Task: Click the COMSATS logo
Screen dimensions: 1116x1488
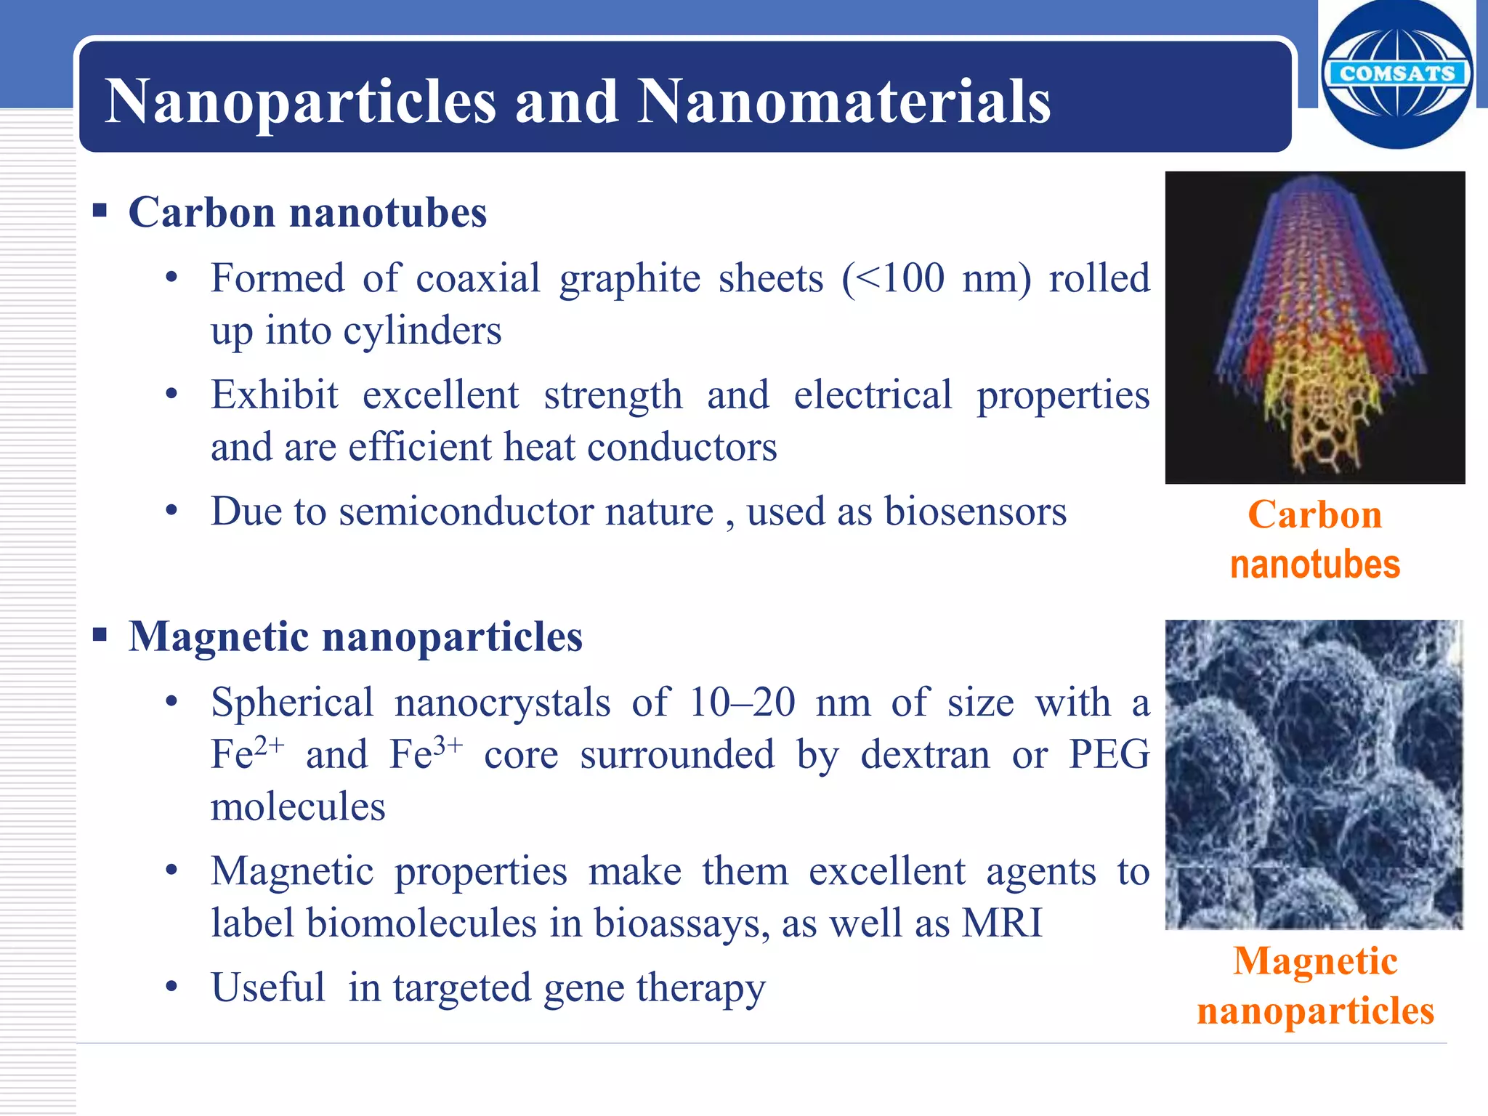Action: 1396,74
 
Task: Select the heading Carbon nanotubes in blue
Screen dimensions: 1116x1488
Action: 307,213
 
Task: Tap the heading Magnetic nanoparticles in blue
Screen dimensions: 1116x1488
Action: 355,637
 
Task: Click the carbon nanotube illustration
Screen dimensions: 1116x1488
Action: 1314,327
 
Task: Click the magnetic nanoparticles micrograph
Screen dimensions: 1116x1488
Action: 1314,775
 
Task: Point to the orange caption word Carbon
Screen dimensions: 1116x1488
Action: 1314,515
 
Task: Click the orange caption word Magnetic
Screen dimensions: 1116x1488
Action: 1315,961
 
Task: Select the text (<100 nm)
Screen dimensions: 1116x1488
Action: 936,278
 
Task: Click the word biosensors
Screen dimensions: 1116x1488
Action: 975,511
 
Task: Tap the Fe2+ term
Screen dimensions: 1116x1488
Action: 247,753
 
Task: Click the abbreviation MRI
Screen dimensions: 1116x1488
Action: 1002,923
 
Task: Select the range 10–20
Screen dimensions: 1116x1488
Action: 741,703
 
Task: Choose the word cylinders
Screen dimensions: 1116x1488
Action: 422,331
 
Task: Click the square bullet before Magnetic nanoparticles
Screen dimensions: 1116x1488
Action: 100,636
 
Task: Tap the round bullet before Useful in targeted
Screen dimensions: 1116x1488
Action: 171,988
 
